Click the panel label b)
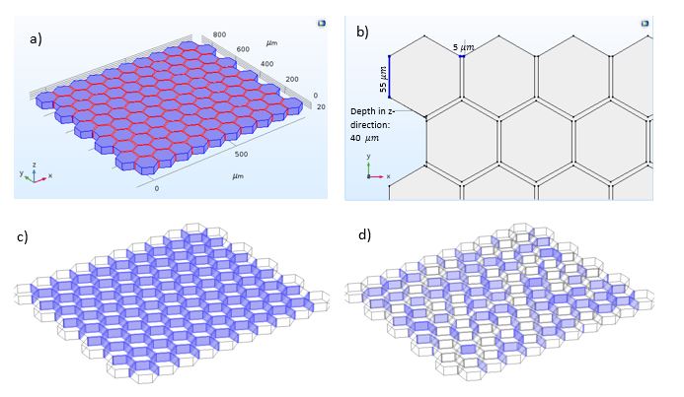click(x=362, y=32)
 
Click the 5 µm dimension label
click(x=462, y=45)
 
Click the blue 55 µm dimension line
click(x=390, y=76)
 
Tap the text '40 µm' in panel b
click(x=364, y=139)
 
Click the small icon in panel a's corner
click(x=321, y=21)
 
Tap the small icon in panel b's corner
click(x=646, y=21)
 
